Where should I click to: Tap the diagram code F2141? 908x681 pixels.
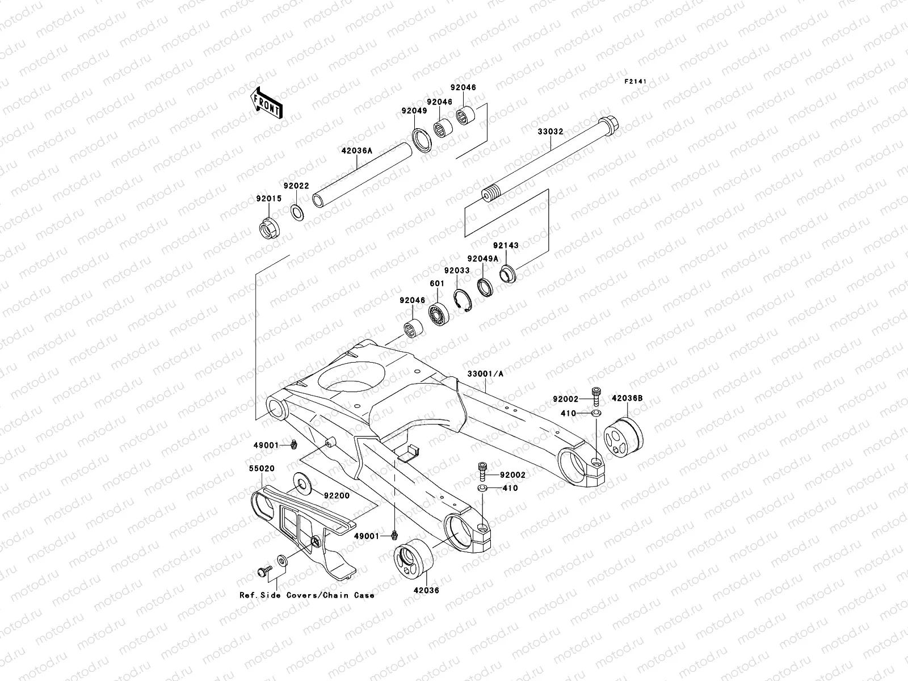pyautogui.click(x=636, y=81)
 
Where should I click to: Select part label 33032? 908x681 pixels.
pyautogui.click(x=550, y=131)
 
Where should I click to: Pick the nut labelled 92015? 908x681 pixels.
pyautogui.click(x=268, y=229)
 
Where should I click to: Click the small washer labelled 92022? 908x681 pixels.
pyautogui.click(x=296, y=212)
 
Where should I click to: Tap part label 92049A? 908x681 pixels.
pyautogui.click(x=482, y=258)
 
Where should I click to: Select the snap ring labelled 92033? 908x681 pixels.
pyautogui.click(x=463, y=301)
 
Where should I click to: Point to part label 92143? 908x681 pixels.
pyautogui.click(x=505, y=245)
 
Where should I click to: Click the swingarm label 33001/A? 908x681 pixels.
pyautogui.click(x=485, y=374)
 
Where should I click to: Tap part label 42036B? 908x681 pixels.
pyautogui.click(x=627, y=398)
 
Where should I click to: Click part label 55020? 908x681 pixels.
pyautogui.click(x=261, y=470)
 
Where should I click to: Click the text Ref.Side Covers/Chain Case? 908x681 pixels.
pyautogui.click(x=306, y=595)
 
